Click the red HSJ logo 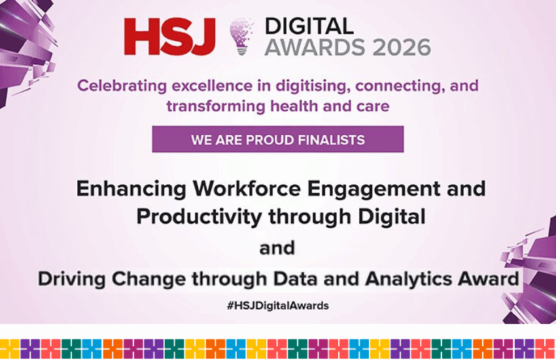pos(169,37)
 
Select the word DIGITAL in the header pos(309,26)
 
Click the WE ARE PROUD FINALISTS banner pos(278,139)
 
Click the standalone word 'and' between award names pos(277,248)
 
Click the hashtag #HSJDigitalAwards pos(278,306)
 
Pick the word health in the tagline pos(305,105)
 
